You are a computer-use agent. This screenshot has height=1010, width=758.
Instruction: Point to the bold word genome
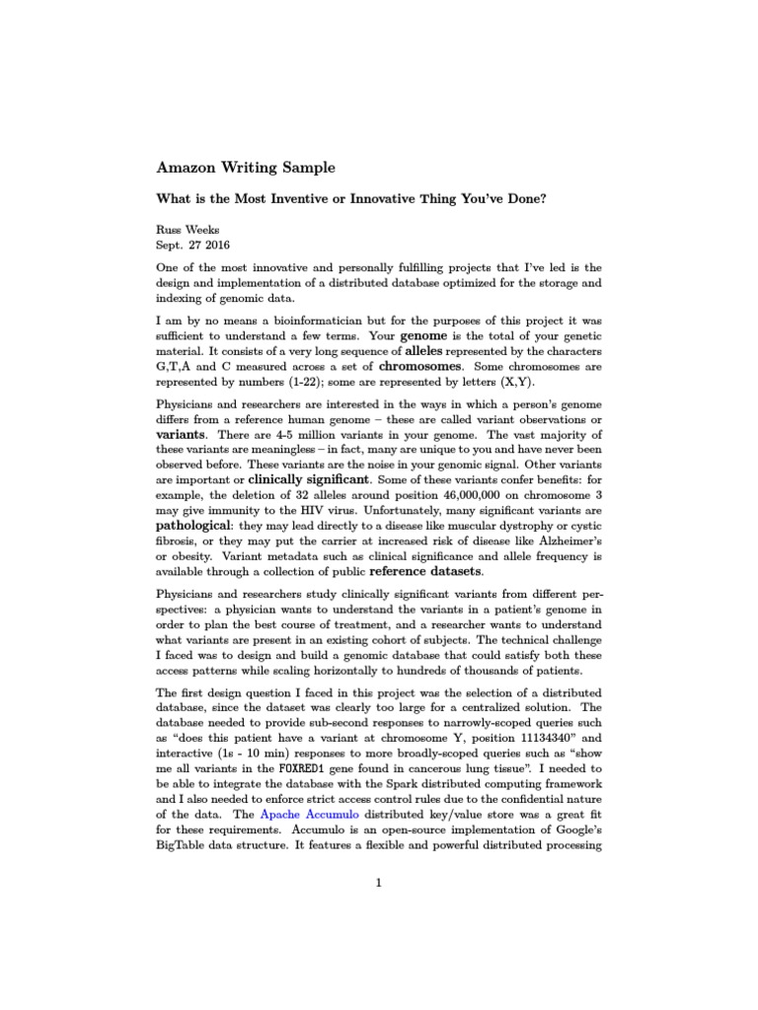[x=414, y=334]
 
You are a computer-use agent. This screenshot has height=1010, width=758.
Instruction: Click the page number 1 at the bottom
[x=378, y=883]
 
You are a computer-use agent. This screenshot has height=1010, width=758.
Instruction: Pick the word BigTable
[x=183, y=847]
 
